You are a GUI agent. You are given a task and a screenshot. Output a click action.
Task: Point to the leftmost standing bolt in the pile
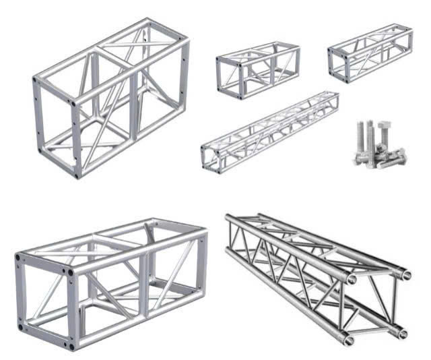(x=360, y=138)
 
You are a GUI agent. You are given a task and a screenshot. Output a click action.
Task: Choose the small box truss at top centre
(x=257, y=69)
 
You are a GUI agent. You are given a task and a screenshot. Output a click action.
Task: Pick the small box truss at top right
(x=370, y=52)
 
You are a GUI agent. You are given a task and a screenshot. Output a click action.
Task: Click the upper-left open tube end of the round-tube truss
(x=351, y=278)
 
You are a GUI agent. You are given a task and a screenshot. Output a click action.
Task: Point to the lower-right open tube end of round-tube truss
(x=401, y=332)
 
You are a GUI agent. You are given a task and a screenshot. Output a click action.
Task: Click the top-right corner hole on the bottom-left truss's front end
(x=69, y=272)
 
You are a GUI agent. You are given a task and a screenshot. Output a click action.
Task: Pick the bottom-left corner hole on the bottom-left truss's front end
(x=22, y=328)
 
